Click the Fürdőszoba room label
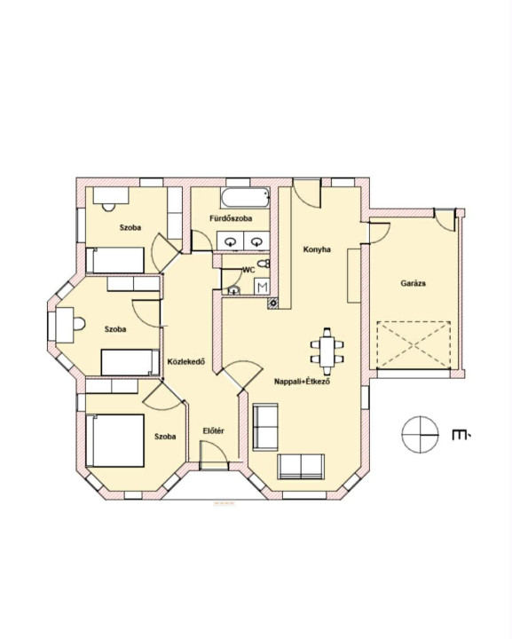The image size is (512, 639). pos(231,218)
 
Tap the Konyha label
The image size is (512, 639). pos(317,249)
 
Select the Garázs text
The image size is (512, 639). pos(413,283)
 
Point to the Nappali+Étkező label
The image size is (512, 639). pos(302,382)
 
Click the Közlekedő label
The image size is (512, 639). pos(186,361)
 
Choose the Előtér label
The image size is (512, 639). pos(214,430)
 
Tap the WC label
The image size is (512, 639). pos(248,270)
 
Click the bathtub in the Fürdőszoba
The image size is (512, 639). pos(245,198)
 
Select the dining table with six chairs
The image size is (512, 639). pos(327,351)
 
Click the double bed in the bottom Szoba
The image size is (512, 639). pos(114,440)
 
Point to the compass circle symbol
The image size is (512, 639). pos(420,434)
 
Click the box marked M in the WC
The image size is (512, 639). pos(263,288)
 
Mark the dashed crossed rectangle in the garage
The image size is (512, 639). pos(414,345)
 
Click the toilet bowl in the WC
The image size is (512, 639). pos(264,264)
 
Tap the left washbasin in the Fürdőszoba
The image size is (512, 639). pos(231,242)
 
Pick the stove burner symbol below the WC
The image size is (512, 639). pos(272,303)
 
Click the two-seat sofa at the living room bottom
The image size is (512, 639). pos(301,467)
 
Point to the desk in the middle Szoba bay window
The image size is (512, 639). pos(65,325)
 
